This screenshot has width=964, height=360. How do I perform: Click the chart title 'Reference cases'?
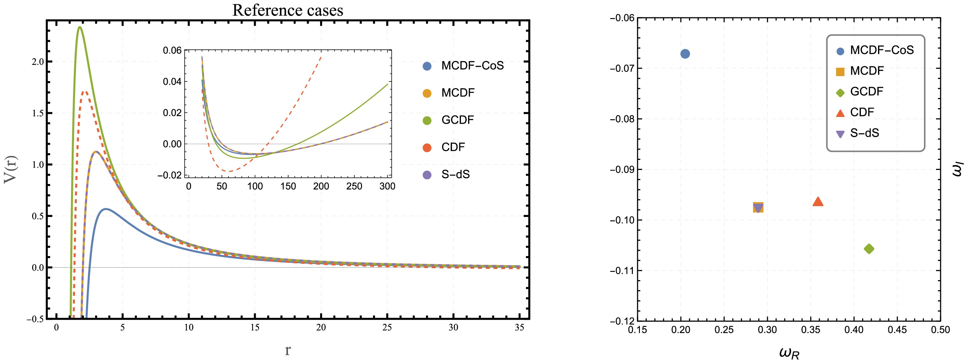click(287, 10)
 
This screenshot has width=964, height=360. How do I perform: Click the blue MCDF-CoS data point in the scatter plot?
click(685, 54)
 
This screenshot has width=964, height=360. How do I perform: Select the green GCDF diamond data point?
click(869, 249)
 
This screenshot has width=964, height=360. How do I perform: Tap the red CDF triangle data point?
click(818, 202)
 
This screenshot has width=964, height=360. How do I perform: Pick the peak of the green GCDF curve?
click(80, 27)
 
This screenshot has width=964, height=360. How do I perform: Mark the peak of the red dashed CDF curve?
click(85, 92)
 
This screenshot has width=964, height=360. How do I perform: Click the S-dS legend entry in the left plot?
click(455, 175)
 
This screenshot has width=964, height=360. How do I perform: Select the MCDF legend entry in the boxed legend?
click(867, 71)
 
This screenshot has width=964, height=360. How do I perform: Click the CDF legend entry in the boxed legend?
click(862, 112)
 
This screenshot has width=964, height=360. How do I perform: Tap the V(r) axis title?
click(11, 169)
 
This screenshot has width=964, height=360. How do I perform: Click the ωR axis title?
click(789, 353)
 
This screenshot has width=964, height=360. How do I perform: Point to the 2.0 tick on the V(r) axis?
click(38, 62)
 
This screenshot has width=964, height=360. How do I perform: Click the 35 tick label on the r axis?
click(519, 327)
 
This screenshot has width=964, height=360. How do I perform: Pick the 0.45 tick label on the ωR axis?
click(897, 330)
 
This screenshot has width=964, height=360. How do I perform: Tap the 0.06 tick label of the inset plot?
click(172, 51)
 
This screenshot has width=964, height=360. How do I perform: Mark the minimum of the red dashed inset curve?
click(229, 171)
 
